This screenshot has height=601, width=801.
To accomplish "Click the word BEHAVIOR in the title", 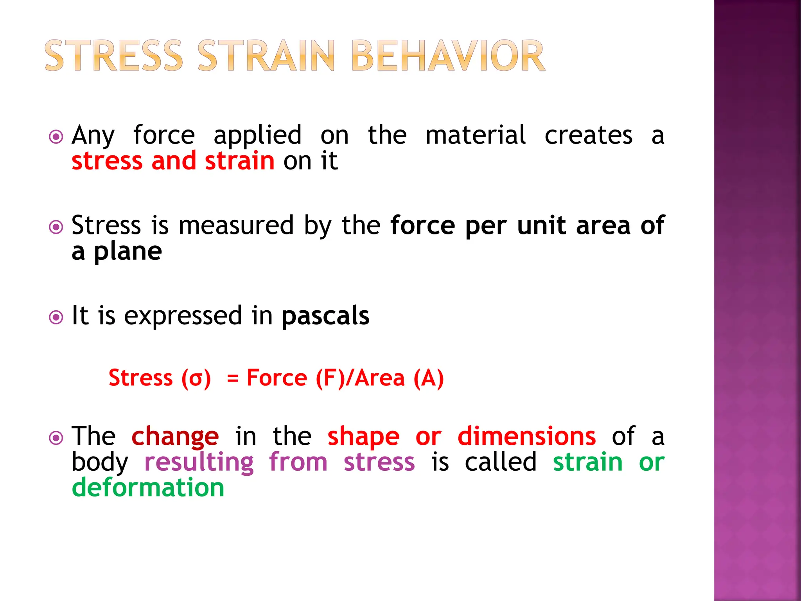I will (x=448, y=56).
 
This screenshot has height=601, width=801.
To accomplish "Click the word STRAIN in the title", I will (x=266, y=56).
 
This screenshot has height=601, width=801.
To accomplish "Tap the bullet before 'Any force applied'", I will (x=56, y=137).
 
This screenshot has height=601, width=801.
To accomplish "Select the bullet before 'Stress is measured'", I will (x=56, y=227).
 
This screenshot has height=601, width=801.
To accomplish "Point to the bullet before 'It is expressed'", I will (x=56, y=317).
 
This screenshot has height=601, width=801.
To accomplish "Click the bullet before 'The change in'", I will (x=56, y=438).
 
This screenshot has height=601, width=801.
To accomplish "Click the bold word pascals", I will (x=325, y=316).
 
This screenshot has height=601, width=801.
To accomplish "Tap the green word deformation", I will (x=148, y=488).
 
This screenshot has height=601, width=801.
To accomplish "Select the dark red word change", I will (x=175, y=437).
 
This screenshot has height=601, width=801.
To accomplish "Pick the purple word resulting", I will (x=199, y=462).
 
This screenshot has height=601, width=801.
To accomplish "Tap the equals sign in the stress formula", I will (x=233, y=378).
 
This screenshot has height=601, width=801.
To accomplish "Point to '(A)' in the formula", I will (x=429, y=378).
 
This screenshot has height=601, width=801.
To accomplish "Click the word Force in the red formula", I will (x=277, y=378).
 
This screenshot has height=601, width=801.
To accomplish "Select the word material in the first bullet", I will (x=476, y=135).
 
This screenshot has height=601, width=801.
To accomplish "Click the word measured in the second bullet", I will (x=236, y=226).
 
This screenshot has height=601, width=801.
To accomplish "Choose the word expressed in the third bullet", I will (x=183, y=316).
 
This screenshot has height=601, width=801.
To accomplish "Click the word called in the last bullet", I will (x=501, y=462).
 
